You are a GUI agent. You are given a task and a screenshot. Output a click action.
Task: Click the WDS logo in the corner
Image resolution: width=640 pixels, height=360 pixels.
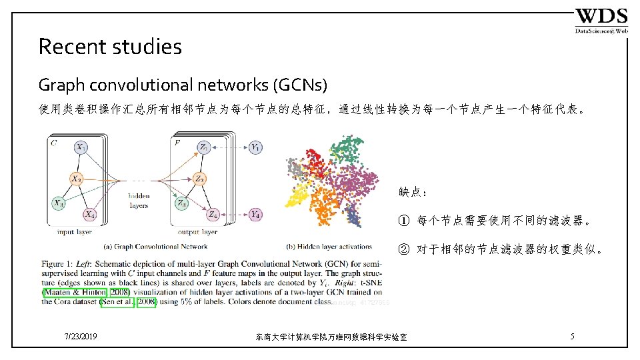tap(601, 21)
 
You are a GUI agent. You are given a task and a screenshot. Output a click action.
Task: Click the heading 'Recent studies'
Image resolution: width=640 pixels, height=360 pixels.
tap(110, 47)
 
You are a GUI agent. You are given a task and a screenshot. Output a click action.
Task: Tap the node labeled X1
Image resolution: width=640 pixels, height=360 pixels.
tap(81, 147)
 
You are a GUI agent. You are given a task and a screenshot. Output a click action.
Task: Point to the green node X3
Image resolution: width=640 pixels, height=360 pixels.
tap(59, 203)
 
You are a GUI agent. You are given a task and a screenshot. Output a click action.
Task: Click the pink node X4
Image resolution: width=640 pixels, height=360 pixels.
tap(89, 215)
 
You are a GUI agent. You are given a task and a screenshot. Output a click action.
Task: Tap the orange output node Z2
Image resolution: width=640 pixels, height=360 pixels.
tap(199, 179)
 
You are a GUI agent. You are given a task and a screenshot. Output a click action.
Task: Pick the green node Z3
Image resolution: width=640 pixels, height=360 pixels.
tap(182, 203)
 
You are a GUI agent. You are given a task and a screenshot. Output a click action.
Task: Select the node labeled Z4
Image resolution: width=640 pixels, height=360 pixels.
tap(212, 215)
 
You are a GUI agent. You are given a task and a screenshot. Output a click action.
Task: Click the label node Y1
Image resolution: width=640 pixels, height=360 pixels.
tap(255, 147)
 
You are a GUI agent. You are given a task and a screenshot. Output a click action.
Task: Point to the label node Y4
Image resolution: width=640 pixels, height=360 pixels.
tap(255, 215)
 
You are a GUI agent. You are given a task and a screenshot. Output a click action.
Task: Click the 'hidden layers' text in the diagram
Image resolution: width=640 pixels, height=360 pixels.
tap(139, 201)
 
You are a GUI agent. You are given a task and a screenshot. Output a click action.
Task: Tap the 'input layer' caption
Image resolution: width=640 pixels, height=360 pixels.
tap(75, 232)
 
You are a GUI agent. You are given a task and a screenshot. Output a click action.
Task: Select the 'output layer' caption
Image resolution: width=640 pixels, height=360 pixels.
tap(197, 232)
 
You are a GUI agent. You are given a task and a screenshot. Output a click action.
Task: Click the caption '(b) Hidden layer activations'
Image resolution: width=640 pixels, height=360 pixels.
tap(329, 246)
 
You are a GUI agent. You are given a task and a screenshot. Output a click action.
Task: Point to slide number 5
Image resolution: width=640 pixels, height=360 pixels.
tap(572, 337)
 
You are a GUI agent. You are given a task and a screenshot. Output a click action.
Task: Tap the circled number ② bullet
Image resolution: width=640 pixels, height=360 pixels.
tap(403, 250)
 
